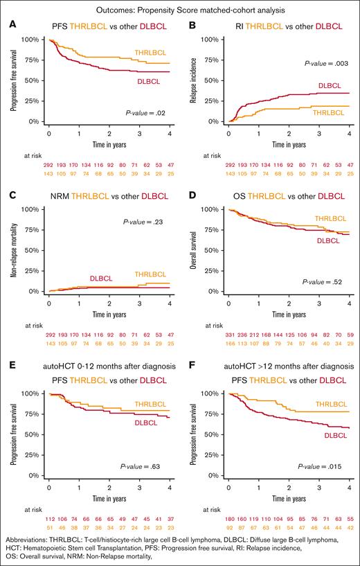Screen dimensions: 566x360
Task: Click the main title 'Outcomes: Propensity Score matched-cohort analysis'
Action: (x=180, y=10)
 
